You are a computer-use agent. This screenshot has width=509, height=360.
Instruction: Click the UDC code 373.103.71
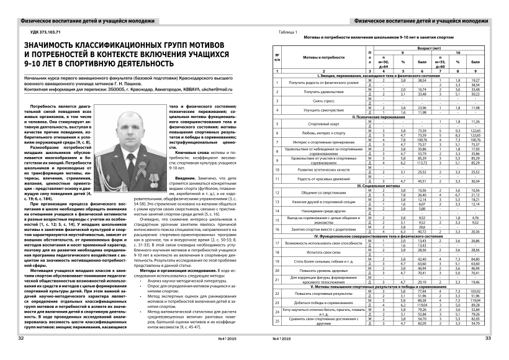click(44, 31)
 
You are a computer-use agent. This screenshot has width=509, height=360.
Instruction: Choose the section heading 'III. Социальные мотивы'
click(383, 186)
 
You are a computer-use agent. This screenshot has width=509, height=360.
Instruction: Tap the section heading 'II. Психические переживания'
click(383, 117)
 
